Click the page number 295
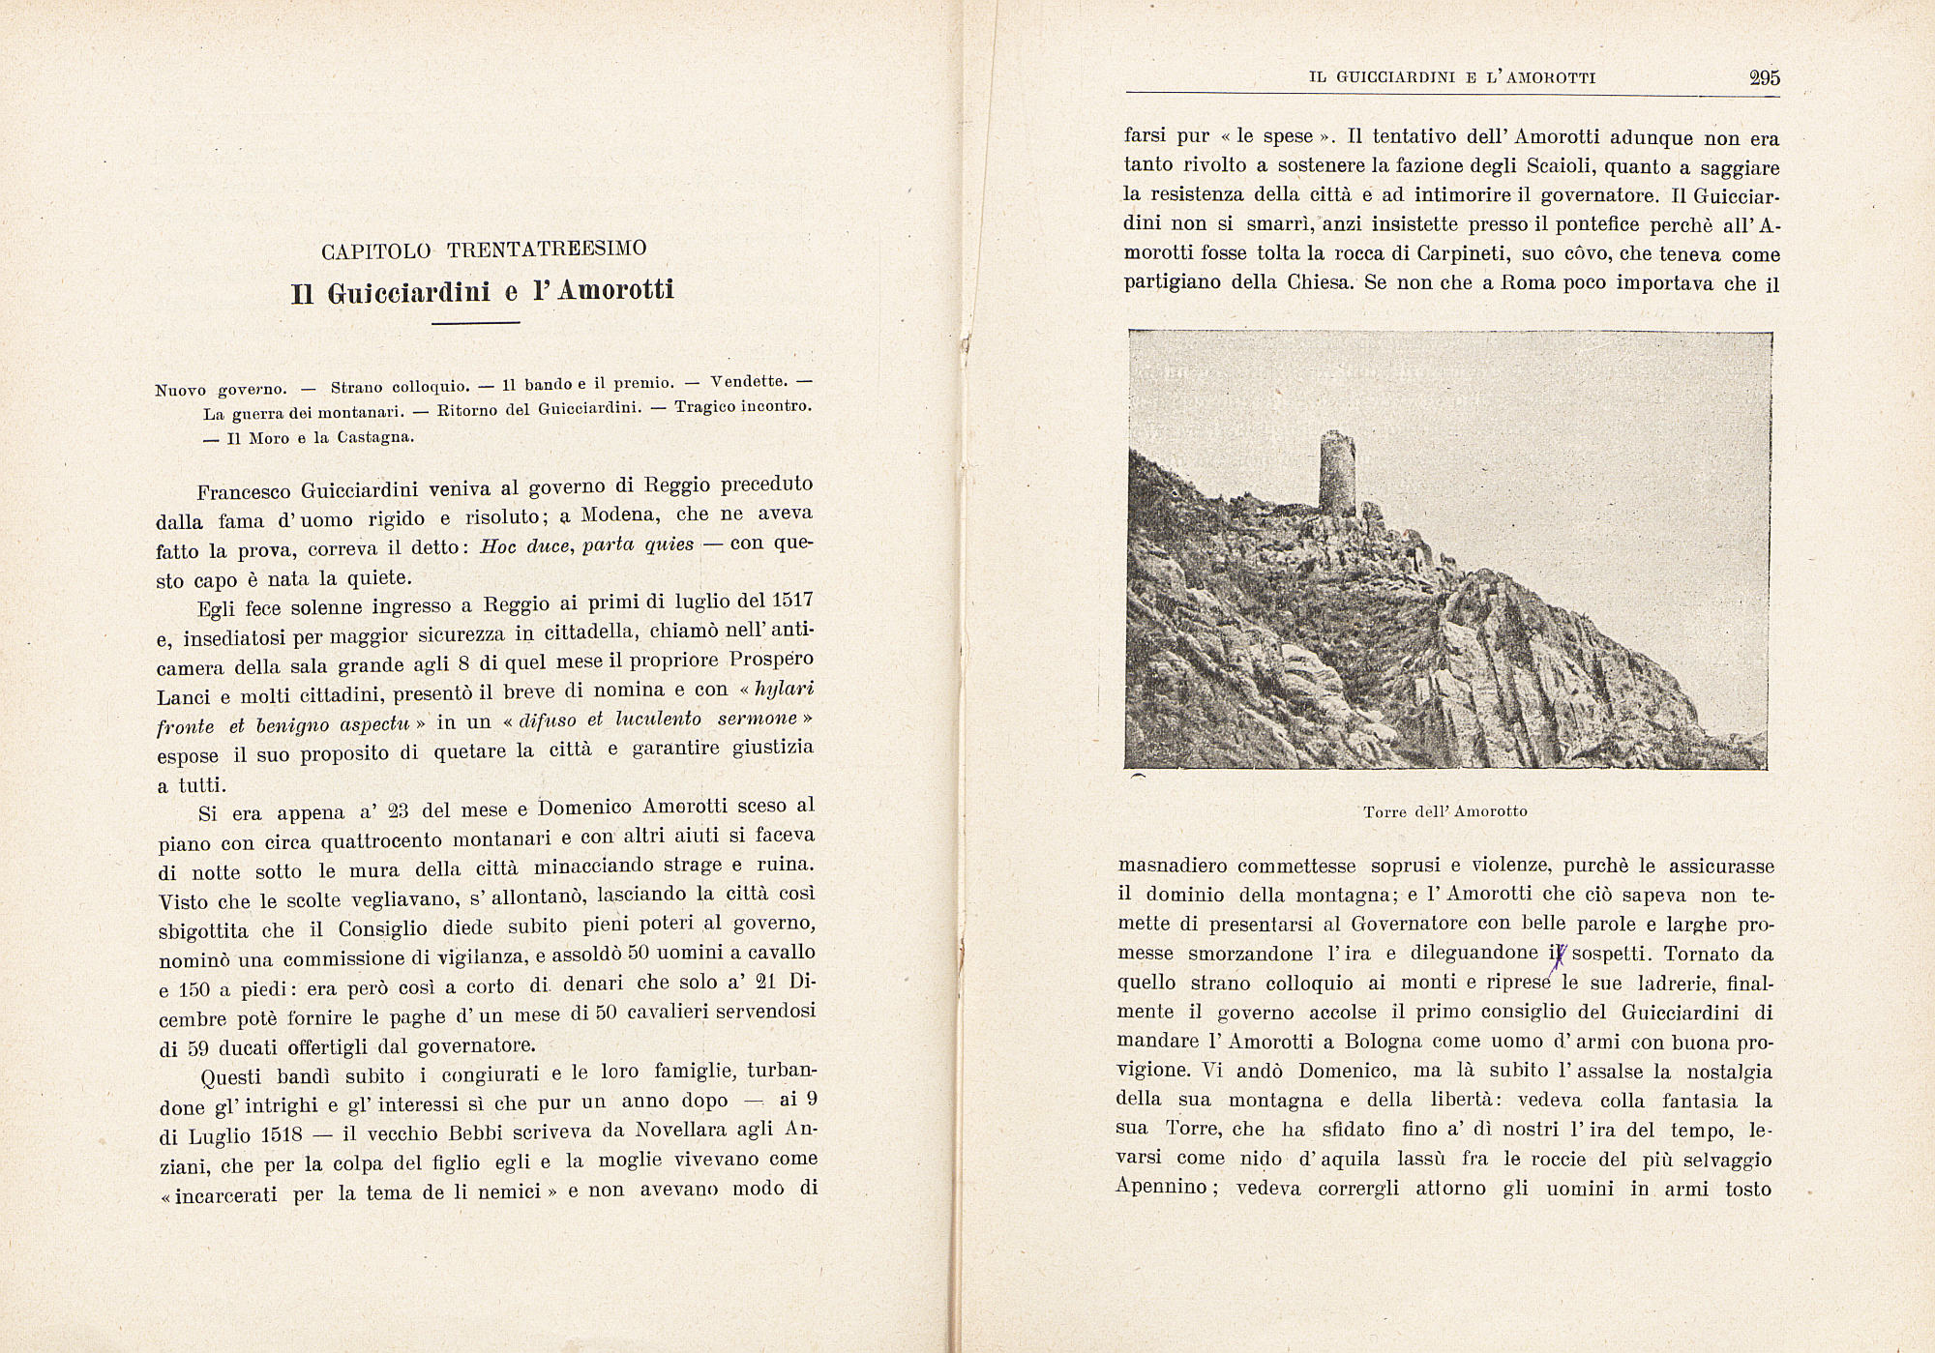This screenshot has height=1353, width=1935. (x=1764, y=78)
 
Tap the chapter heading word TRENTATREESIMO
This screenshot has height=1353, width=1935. (x=547, y=249)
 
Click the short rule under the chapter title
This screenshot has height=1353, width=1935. (x=475, y=323)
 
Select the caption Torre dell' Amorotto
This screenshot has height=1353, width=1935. (x=1444, y=811)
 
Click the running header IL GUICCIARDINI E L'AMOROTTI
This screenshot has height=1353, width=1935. (x=1451, y=78)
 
